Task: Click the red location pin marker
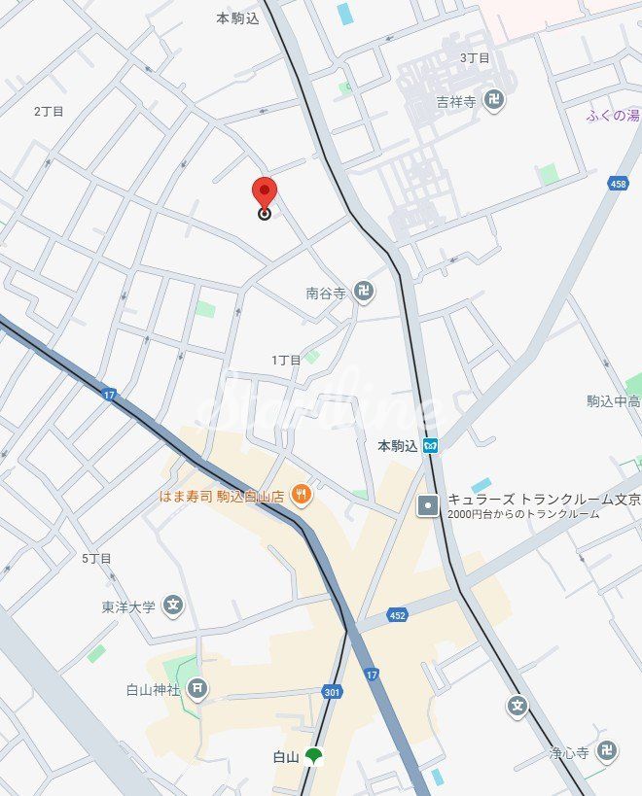(264, 192)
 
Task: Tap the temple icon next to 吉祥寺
(495, 99)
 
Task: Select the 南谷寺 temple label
(326, 292)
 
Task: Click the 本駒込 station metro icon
(430, 446)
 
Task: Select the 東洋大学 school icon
(173, 606)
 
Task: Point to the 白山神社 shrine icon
(197, 690)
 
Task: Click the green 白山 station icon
(313, 756)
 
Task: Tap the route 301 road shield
(332, 692)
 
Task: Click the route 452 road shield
(398, 614)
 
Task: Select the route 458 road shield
(617, 183)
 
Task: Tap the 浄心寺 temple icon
(607, 751)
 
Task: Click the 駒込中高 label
(613, 400)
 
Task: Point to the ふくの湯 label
(613, 116)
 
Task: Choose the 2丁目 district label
(49, 112)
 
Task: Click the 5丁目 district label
(96, 558)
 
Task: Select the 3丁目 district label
(475, 58)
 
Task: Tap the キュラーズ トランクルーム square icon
(427, 505)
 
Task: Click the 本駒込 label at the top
(237, 17)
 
